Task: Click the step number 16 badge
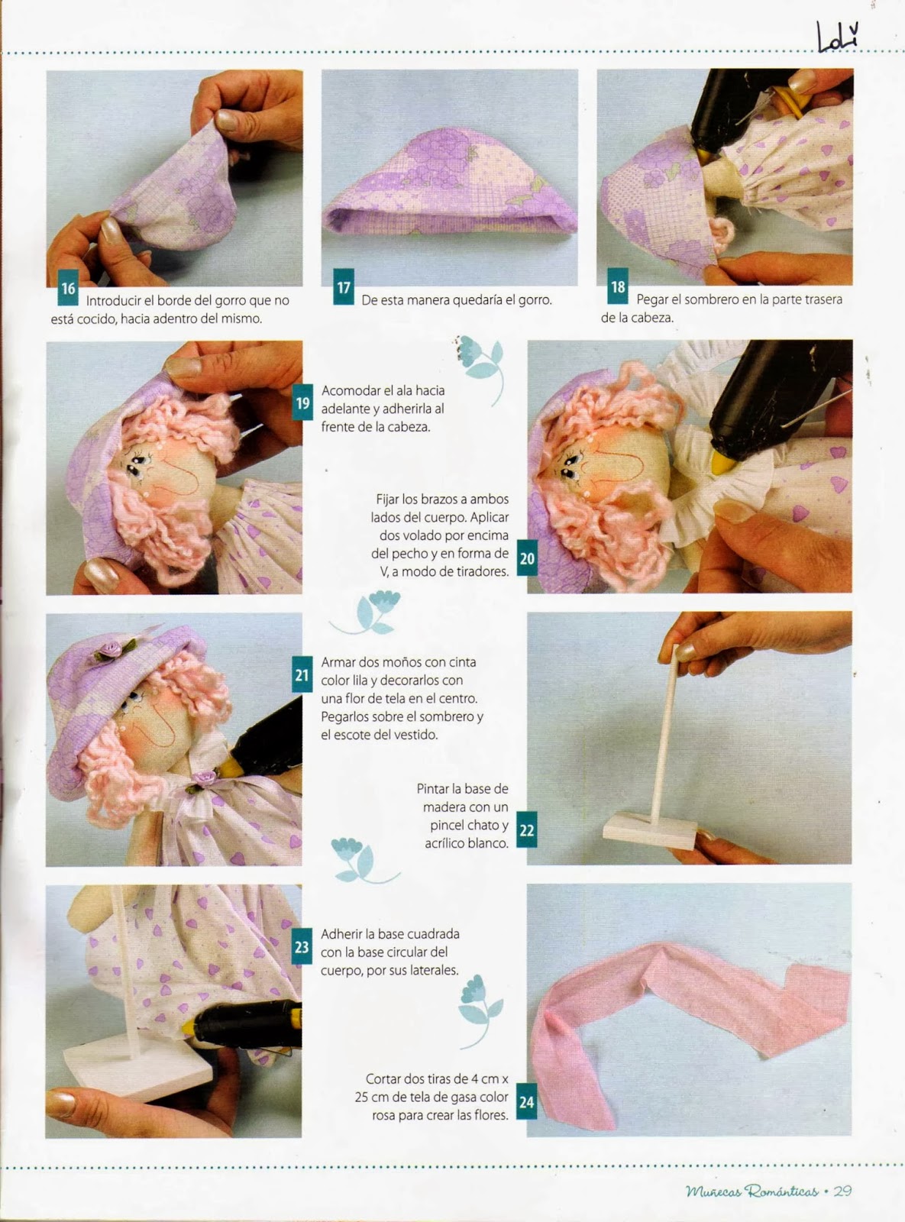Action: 68,288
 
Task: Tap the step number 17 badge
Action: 344,286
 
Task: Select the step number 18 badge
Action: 618,286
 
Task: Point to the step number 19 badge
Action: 302,402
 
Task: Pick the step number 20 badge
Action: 527,558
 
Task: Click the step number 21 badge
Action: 302,674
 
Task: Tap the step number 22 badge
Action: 527,829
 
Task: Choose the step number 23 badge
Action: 302,946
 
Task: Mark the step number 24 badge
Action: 527,1101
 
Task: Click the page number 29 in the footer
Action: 842,1191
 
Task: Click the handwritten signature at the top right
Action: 838,37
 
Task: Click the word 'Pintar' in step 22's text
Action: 433,789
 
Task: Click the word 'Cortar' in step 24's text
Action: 383,1078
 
